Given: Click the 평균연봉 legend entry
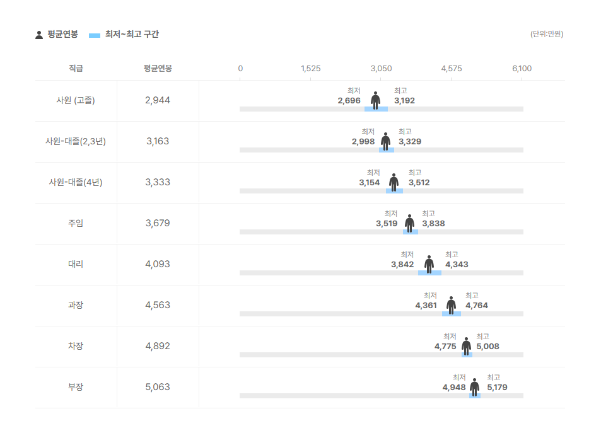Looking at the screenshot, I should (57, 35).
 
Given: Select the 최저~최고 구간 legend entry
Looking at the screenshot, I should (124, 35).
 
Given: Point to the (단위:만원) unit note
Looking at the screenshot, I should (546, 34).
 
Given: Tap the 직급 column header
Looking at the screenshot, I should (76, 69).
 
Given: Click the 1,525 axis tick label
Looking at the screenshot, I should (311, 69).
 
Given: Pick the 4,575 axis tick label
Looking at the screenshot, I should (452, 69).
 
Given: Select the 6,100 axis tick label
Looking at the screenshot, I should (522, 69).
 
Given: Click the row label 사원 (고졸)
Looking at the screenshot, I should (76, 100).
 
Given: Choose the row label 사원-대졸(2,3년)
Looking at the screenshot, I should (76, 141).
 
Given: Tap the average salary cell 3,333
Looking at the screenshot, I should (158, 182).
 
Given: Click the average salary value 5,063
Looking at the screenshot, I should (158, 387).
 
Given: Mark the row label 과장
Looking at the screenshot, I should (76, 305).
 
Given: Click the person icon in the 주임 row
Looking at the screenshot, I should (410, 222).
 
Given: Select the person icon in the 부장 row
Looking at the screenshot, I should (474, 386).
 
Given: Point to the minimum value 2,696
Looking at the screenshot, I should (349, 101).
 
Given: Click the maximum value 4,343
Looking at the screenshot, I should (457, 265).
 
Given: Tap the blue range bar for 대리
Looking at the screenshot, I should (429, 273).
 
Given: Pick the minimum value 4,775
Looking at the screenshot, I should (445, 347).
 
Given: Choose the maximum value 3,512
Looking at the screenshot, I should (419, 183).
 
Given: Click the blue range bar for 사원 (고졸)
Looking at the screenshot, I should (376, 109).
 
